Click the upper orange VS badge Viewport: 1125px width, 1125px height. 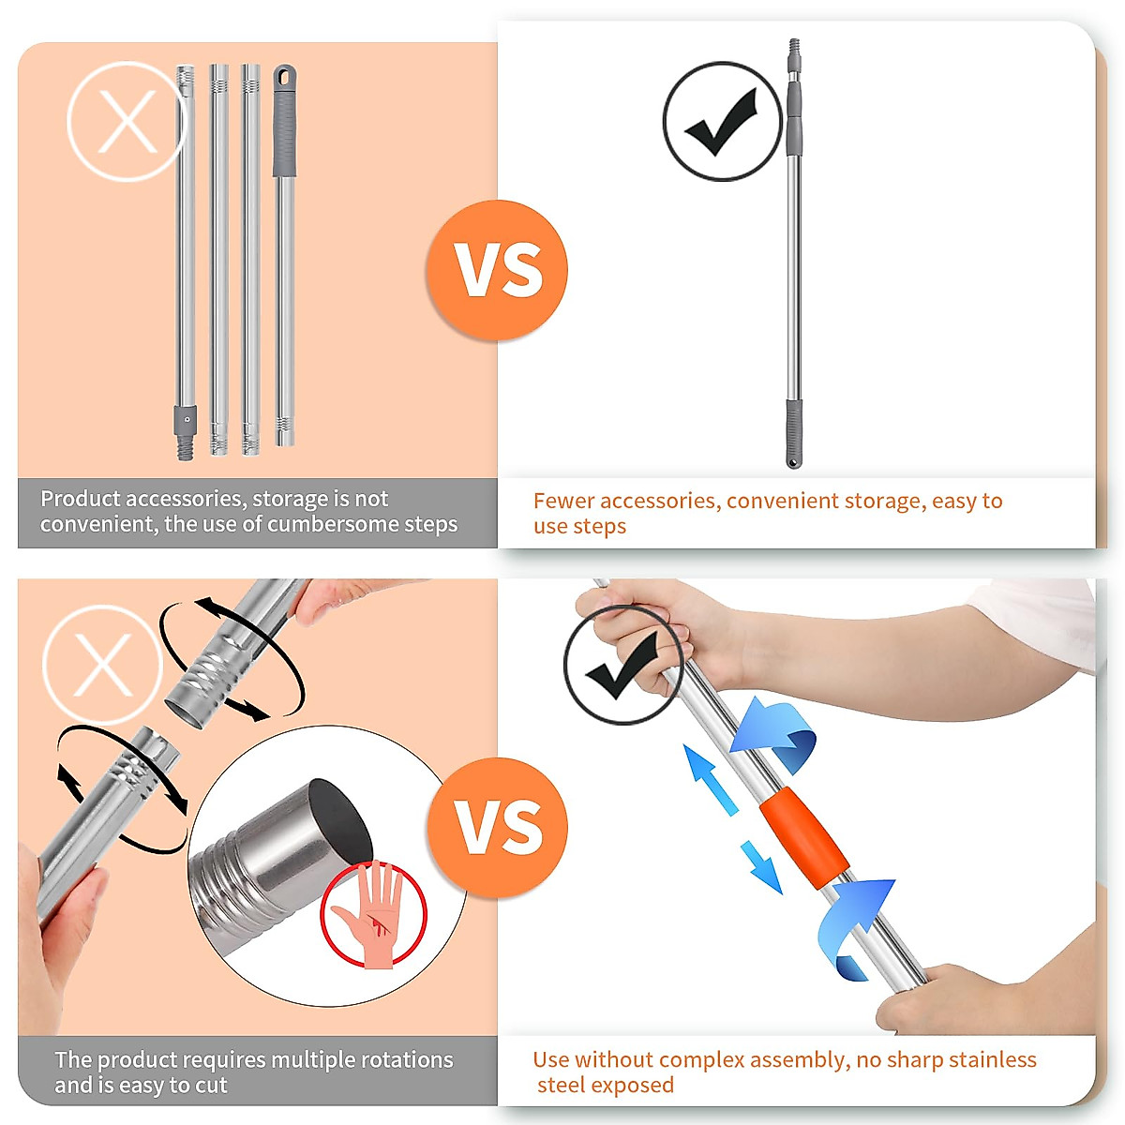pyautogui.click(x=497, y=269)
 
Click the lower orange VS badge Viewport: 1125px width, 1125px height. pyautogui.click(x=497, y=827)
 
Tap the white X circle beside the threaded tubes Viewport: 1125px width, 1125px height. pyautogui.click(x=103, y=664)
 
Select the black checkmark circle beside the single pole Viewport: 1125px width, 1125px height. pyautogui.click(x=722, y=121)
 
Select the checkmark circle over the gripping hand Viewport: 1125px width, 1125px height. pyautogui.click(x=622, y=664)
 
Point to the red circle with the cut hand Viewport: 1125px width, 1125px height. pyautogui.click(x=374, y=915)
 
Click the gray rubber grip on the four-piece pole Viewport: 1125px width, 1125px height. pyautogui.click(x=283, y=127)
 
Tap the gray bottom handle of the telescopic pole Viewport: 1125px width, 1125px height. pyautogui.click(x=794, y=433)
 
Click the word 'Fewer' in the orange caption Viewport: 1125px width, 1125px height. pyautogui.click(x=563, y=501)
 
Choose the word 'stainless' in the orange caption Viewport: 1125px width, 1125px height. pyautogui.click(x=993, y=1059)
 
